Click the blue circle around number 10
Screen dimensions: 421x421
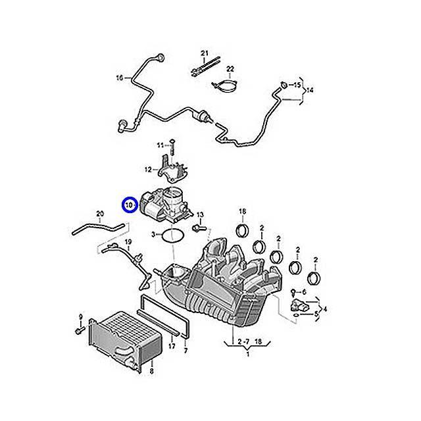[x=129, y=205]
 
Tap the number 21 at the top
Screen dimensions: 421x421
[x=204, y=53]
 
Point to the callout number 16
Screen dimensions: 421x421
[x=119, y=78]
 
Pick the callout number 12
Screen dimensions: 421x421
[x=148, y=170]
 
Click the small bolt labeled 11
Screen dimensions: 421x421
[x=170, y=144]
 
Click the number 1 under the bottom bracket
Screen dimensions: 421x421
[x=247, y=353]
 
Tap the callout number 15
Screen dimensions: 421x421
[x=297, y=86]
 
